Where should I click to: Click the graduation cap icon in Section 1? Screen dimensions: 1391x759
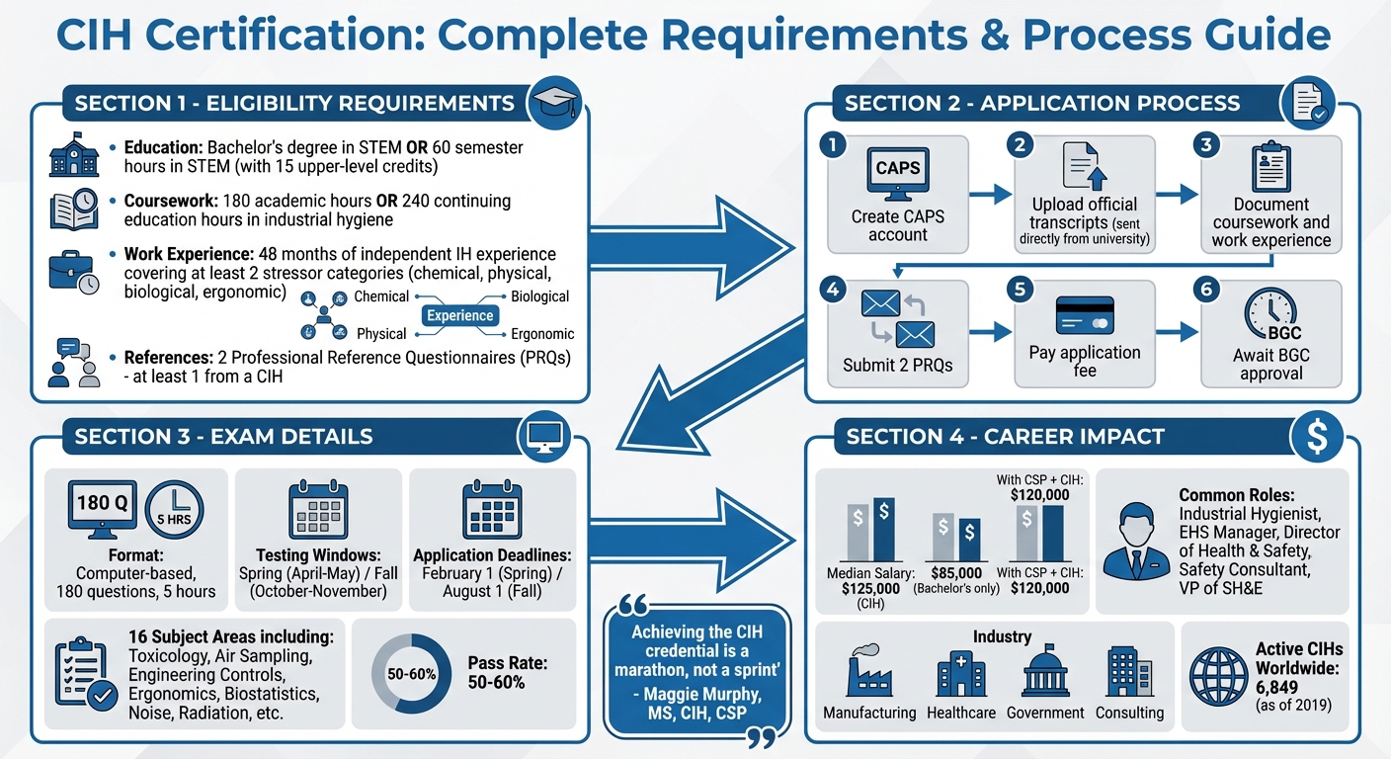[554, 103]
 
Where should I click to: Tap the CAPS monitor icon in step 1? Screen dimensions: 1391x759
[898, 174]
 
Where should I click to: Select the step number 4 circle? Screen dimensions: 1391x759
[833, 289]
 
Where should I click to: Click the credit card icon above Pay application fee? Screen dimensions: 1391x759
[1085, 315]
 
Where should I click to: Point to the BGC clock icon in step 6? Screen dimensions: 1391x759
[1271, 314]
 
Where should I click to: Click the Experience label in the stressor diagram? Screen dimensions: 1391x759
[459, 315]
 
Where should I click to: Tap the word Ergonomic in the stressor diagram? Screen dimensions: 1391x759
[542, 334]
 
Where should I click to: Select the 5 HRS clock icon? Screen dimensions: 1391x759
[174, 509]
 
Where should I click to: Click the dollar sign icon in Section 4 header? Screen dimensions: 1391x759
[1317, 436]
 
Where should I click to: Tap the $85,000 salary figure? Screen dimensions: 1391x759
[956, 572]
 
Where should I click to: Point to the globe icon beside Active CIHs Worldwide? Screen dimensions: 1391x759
[1218, 677]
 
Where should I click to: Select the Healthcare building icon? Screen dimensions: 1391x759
[960, 673]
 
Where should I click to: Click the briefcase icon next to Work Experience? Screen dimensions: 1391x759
[73, 272]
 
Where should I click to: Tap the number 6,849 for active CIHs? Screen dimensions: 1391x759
[1276, 688]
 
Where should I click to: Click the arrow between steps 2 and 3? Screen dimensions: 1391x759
[1177, 195]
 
